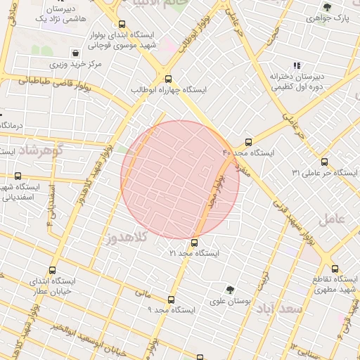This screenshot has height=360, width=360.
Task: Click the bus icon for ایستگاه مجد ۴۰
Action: click(x=248, y=141)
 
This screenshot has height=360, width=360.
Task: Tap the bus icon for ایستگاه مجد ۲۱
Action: click(x=195, y=243)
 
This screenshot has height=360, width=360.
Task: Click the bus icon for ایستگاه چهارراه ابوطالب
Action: click(x=167, y=79)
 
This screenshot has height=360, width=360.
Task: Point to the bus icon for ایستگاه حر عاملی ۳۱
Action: click(x=323, y=162)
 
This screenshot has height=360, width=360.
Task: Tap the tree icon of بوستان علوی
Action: click(x=230, y=290)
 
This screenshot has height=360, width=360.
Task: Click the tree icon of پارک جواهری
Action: click(x=327, y=6)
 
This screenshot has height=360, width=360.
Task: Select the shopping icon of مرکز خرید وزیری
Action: click(x=75, y=53)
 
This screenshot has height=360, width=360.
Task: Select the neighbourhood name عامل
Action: click(x=333, y=219)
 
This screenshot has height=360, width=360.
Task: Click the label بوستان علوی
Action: click(x=231, y=301)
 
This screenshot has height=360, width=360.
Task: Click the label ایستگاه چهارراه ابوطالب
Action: click(x=169, y=91)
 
